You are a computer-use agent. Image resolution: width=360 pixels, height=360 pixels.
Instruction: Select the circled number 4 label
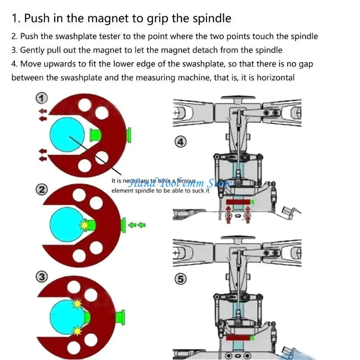180,142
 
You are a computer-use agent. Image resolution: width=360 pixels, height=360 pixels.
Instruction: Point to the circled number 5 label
180,279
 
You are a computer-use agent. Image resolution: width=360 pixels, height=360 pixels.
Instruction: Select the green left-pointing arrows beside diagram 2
137,224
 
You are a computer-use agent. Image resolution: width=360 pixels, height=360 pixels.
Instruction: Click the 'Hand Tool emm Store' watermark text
180,183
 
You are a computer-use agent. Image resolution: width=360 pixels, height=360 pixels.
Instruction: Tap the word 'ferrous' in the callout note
185,180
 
